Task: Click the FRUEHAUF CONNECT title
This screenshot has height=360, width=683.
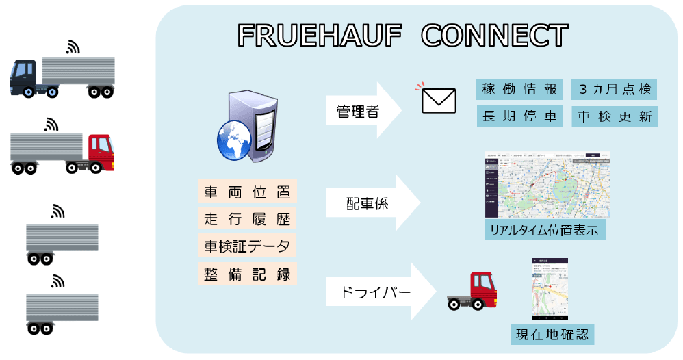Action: tap(403, 36)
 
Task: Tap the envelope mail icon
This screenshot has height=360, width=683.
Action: tap(439, 101)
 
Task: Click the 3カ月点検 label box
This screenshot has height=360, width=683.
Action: tap(614, 89)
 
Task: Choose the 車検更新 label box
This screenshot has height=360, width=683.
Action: tap(614, 116)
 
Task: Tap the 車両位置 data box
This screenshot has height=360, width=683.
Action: tap(248, 192)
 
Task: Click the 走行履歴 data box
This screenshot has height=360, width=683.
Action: tap(248, 219)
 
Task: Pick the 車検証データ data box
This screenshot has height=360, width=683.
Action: tap(248, 246)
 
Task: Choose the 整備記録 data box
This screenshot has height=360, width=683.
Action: tap(248, 273)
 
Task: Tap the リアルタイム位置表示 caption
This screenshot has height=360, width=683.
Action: tap(544, 230)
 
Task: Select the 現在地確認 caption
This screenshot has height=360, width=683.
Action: tap(552, 335)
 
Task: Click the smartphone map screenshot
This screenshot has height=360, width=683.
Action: tap(552, 291)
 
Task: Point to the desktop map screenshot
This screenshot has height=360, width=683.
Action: tap(547, 185)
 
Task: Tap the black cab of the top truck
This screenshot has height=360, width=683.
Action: tap(26, 75)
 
